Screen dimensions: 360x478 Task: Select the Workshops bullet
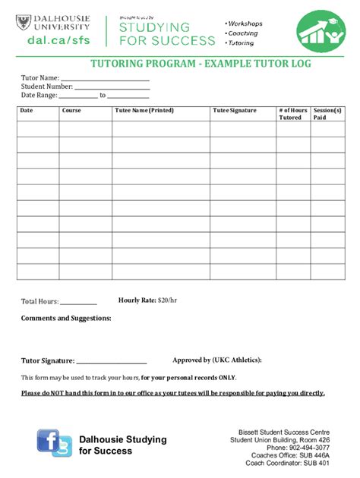[242, 24]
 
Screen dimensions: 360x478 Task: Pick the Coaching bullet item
[242, 33]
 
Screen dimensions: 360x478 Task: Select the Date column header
[27, 111]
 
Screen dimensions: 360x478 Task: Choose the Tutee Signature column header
[235, 111]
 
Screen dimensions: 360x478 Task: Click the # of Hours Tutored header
[292, 114]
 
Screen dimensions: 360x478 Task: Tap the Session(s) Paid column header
[327, 114]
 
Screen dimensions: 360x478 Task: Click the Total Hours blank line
[78, 302]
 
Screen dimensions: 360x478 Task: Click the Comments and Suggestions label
[66, 318]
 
